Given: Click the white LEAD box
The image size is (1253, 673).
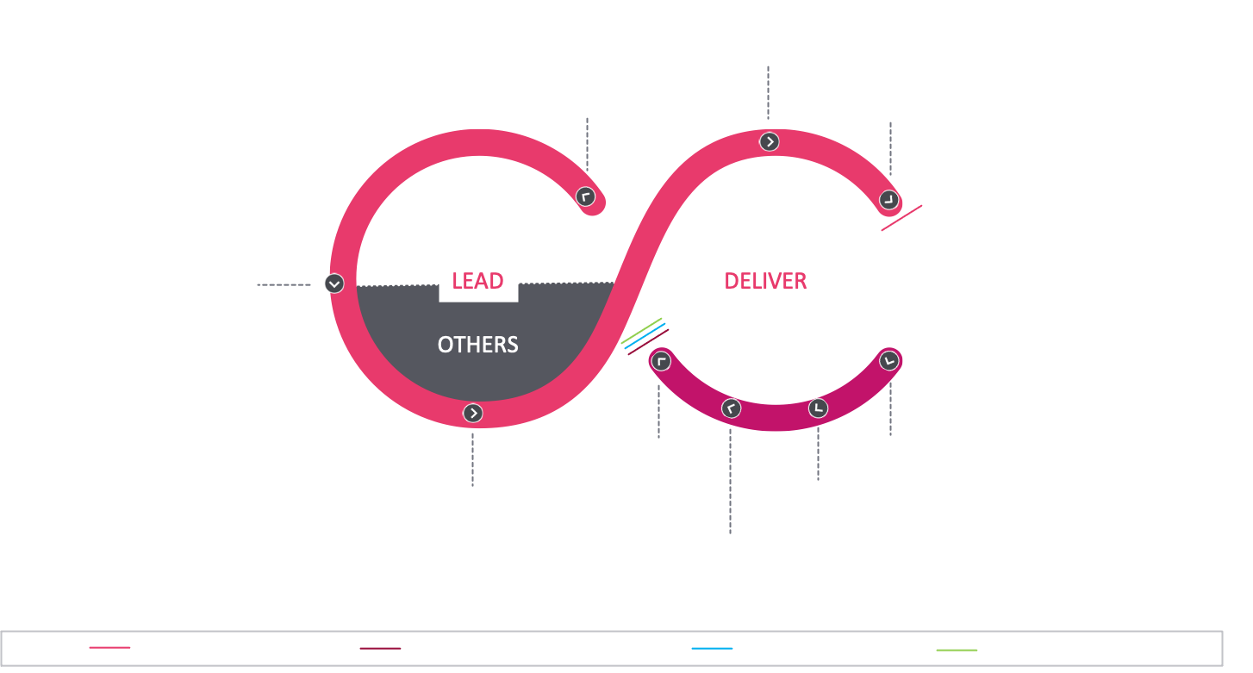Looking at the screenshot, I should pos(478,281).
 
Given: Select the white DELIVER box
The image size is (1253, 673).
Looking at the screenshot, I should pos(766,281).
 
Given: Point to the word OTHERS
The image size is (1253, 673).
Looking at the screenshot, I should pos(478,345).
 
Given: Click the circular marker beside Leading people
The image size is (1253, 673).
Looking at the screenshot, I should pos(334,284).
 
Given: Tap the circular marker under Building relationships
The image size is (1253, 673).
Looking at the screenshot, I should pos(770,142).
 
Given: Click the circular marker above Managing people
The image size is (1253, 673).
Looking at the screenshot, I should pos(473,414).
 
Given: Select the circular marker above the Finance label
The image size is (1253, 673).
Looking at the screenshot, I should pos(818,408).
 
